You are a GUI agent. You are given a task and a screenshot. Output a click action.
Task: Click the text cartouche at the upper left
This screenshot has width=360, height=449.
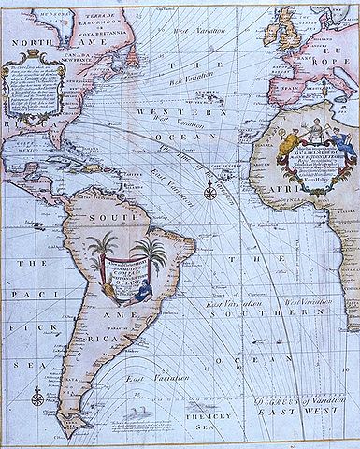(34, 103)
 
